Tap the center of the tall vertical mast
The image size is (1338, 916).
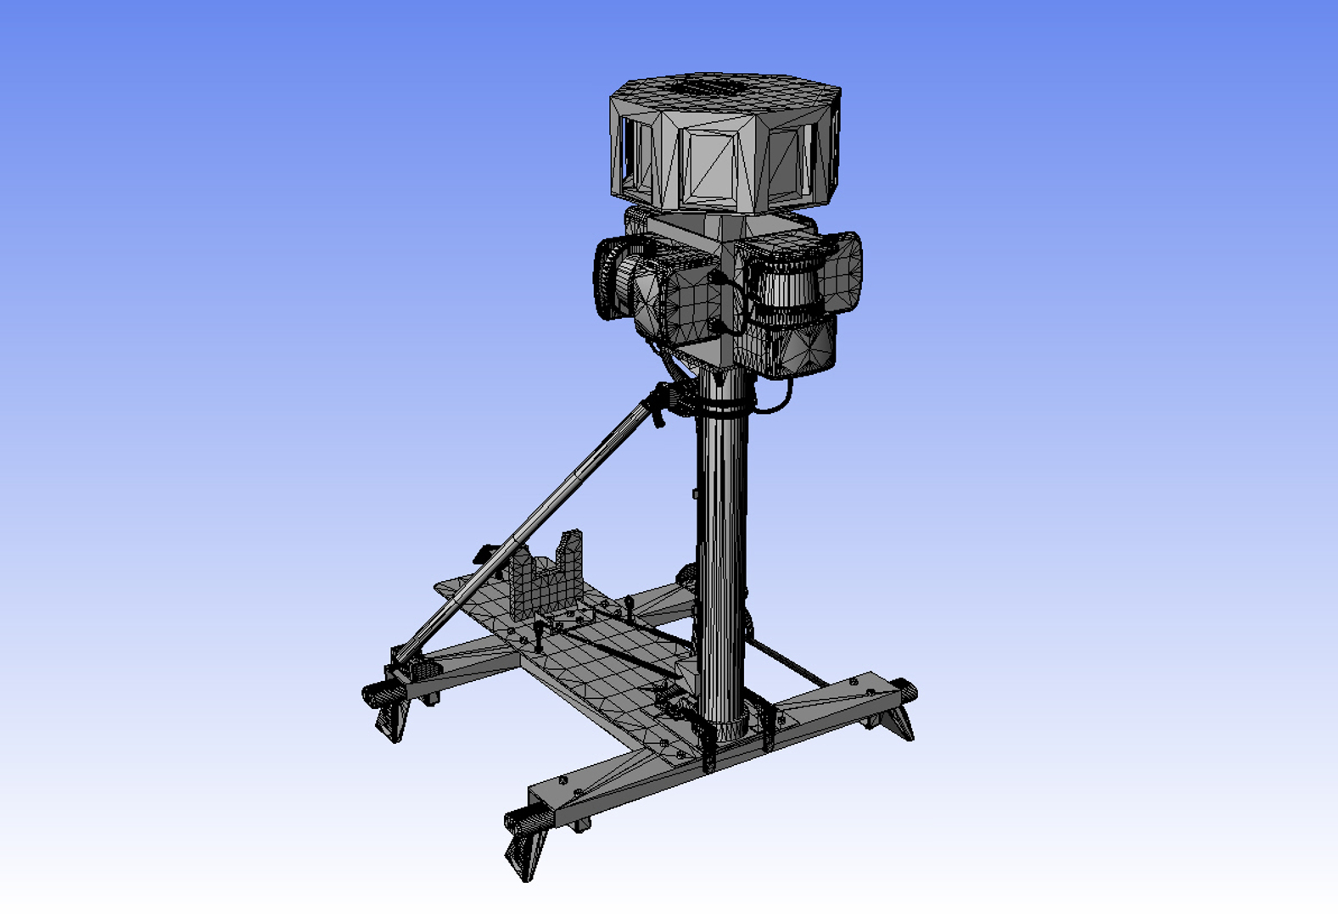tap(722, 560)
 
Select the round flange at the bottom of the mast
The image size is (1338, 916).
tap(723, 725)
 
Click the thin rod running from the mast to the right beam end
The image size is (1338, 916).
tap(785, 662)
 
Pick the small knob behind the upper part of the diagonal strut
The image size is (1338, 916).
tap(486, 555)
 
